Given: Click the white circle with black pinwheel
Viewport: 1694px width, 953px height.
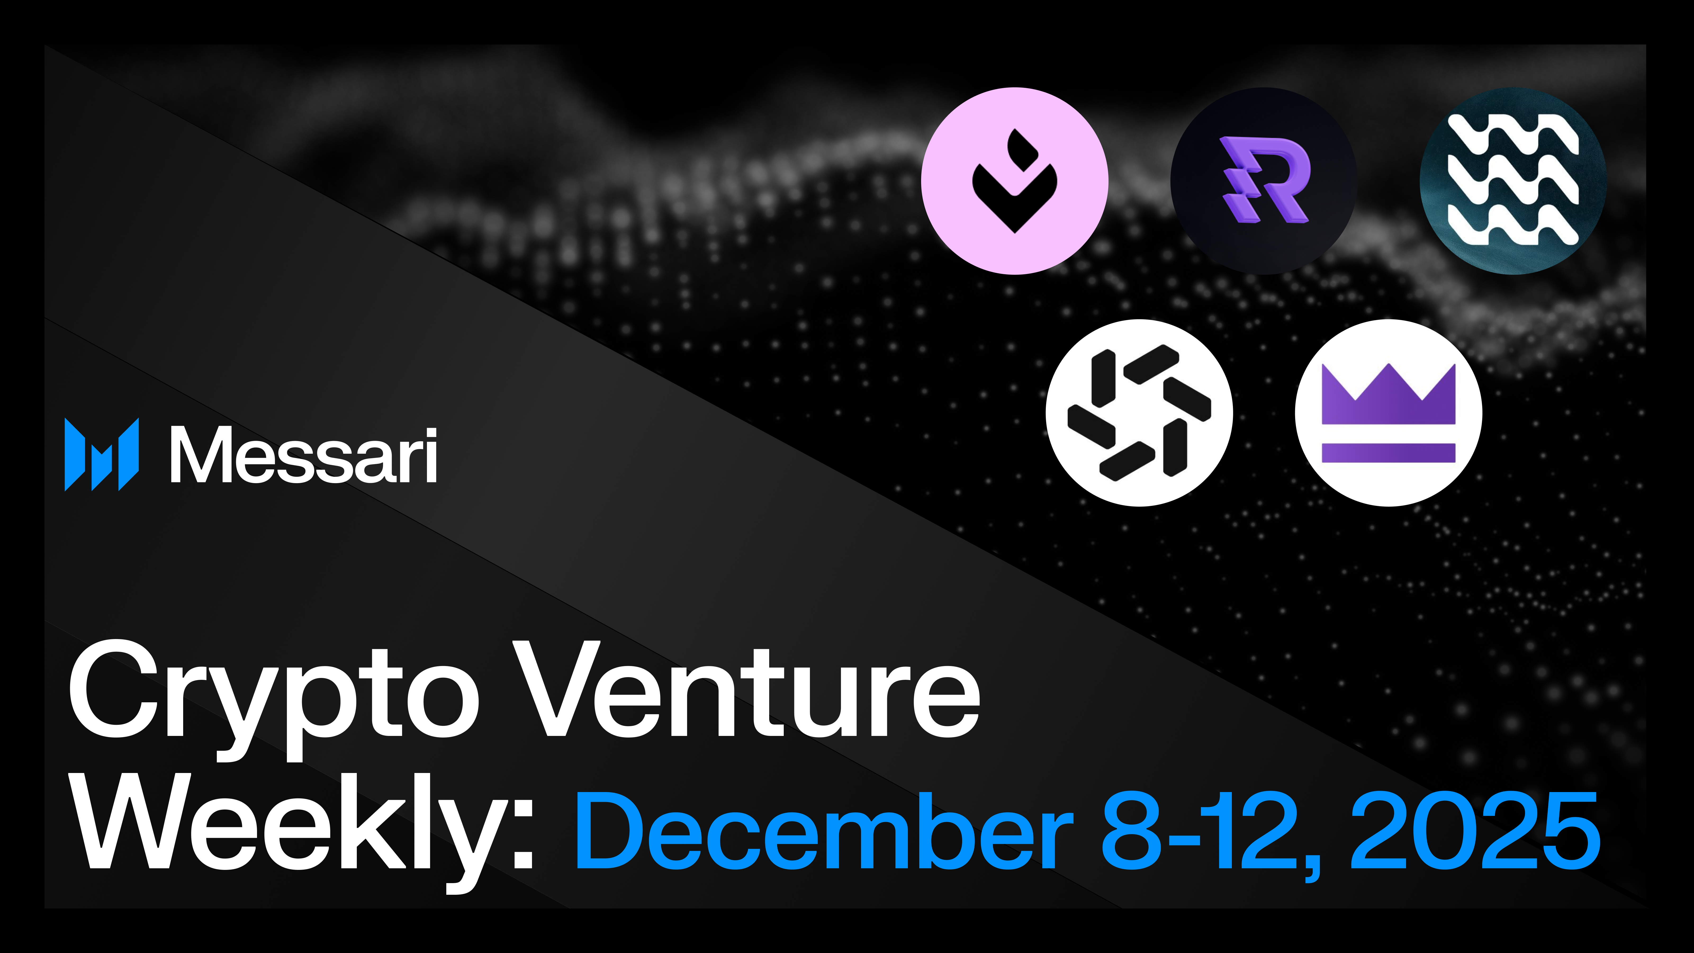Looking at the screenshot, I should click(x=1139, y=413).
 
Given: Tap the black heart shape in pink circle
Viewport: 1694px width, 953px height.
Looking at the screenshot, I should click(x=1015, y=191).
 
